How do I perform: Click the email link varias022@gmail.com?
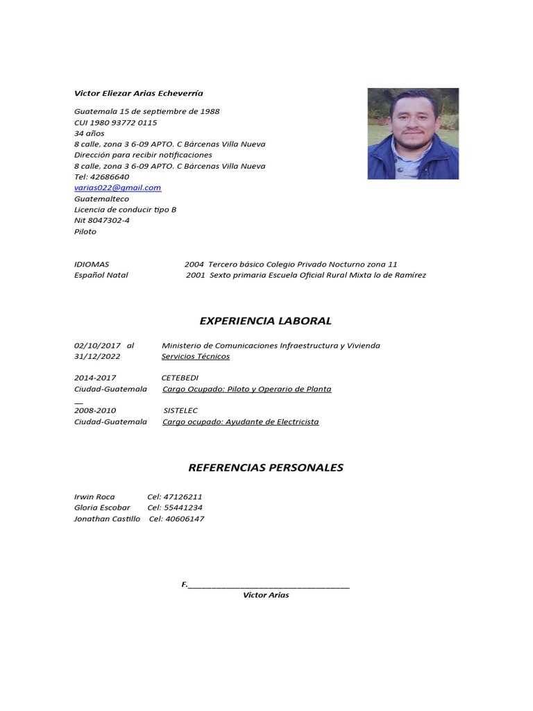[117, 188]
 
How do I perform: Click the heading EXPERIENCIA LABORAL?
[265, 321]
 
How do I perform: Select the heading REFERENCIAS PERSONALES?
[266, 468]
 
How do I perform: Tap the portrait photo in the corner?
[413, 133]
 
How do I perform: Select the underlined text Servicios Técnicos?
[195, 356]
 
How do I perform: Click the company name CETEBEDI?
[180, 378]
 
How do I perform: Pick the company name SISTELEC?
[180, 411]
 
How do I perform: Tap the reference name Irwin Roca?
[94, 497]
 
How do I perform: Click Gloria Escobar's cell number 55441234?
[183, 508]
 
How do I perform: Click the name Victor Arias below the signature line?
[266, 596]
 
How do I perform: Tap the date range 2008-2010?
[95, 411]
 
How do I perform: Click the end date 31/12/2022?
[97, 356]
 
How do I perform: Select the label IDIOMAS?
[92, 265]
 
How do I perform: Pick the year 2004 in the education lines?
[194, 265]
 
